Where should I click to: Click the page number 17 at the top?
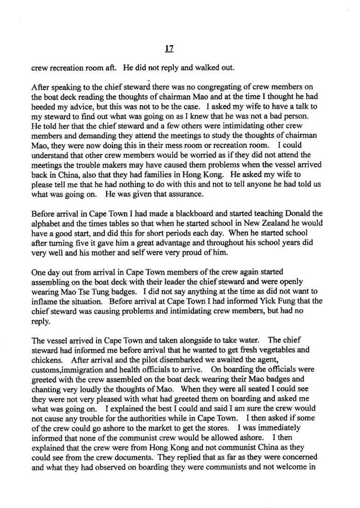tap(180, 46)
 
